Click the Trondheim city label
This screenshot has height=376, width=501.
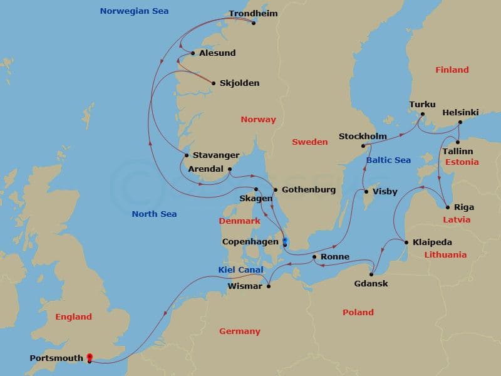pos(253,13)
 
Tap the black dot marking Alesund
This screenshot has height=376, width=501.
pos(193,53)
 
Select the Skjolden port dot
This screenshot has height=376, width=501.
pos(214,83)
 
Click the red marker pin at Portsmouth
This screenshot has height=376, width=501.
pos(90,357)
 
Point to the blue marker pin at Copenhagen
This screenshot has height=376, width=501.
pos(285,241)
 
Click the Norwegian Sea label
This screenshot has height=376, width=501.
pos(134,11)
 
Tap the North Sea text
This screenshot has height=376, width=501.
pos(154,214)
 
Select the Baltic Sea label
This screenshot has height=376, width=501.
pos(388,160)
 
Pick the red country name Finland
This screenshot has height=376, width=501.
pos(452,70)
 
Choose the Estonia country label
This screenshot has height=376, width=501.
pos(462,162)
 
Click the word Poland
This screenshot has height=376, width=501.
pos(358,312)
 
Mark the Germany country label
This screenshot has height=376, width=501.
pos(239,331)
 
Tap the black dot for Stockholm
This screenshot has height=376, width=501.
pos(363,147)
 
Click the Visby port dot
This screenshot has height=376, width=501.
pos(366,192)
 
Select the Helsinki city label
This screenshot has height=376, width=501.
pos(460,112)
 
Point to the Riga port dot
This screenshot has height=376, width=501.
pos(447,207)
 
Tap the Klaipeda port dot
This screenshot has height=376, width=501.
pos(406,243)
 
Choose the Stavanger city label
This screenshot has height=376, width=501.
pos(215,155)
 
